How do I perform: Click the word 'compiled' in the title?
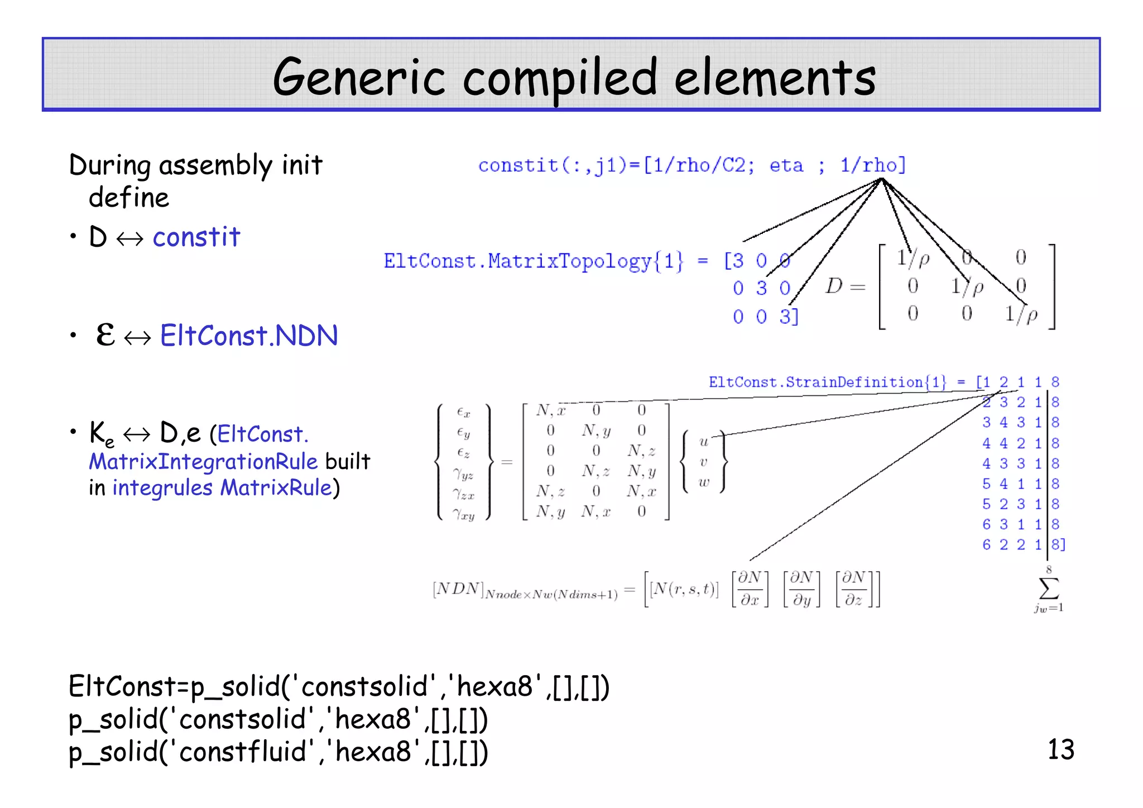560,78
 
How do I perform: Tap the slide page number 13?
1060,749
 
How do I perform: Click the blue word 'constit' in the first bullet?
196,237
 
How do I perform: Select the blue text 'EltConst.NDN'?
249,336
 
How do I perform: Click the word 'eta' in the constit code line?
786,165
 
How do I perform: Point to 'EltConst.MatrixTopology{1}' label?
533,261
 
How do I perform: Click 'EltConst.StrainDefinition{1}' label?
827,383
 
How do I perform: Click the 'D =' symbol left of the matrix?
844,286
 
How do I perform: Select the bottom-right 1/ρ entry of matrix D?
1021,314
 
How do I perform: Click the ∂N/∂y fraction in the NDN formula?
801,589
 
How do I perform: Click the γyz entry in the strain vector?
463,474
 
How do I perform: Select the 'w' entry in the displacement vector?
704,482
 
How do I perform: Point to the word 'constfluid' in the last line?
243,752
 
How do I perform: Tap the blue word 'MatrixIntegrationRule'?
203,462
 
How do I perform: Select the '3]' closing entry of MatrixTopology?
789,317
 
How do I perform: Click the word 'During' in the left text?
110,165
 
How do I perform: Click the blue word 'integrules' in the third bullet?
162,488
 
